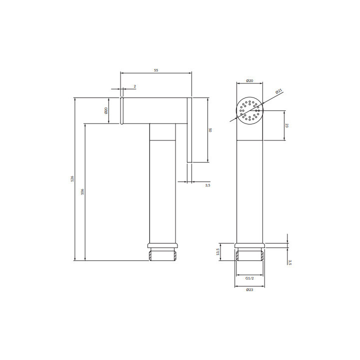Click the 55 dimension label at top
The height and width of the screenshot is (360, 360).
[156, 70]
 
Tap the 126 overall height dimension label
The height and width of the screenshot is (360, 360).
[72, 178]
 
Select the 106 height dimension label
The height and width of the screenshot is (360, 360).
[82, 191]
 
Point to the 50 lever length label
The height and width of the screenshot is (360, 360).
[210, 130]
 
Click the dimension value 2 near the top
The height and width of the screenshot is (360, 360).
[135, 86]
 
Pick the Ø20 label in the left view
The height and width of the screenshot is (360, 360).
[106, 110]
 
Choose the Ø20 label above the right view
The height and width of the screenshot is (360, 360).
[249, 80]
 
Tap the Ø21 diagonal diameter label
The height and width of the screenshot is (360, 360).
[278, 91]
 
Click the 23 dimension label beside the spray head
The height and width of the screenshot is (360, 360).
[287, 125]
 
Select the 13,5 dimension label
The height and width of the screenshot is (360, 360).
[217, 252]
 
